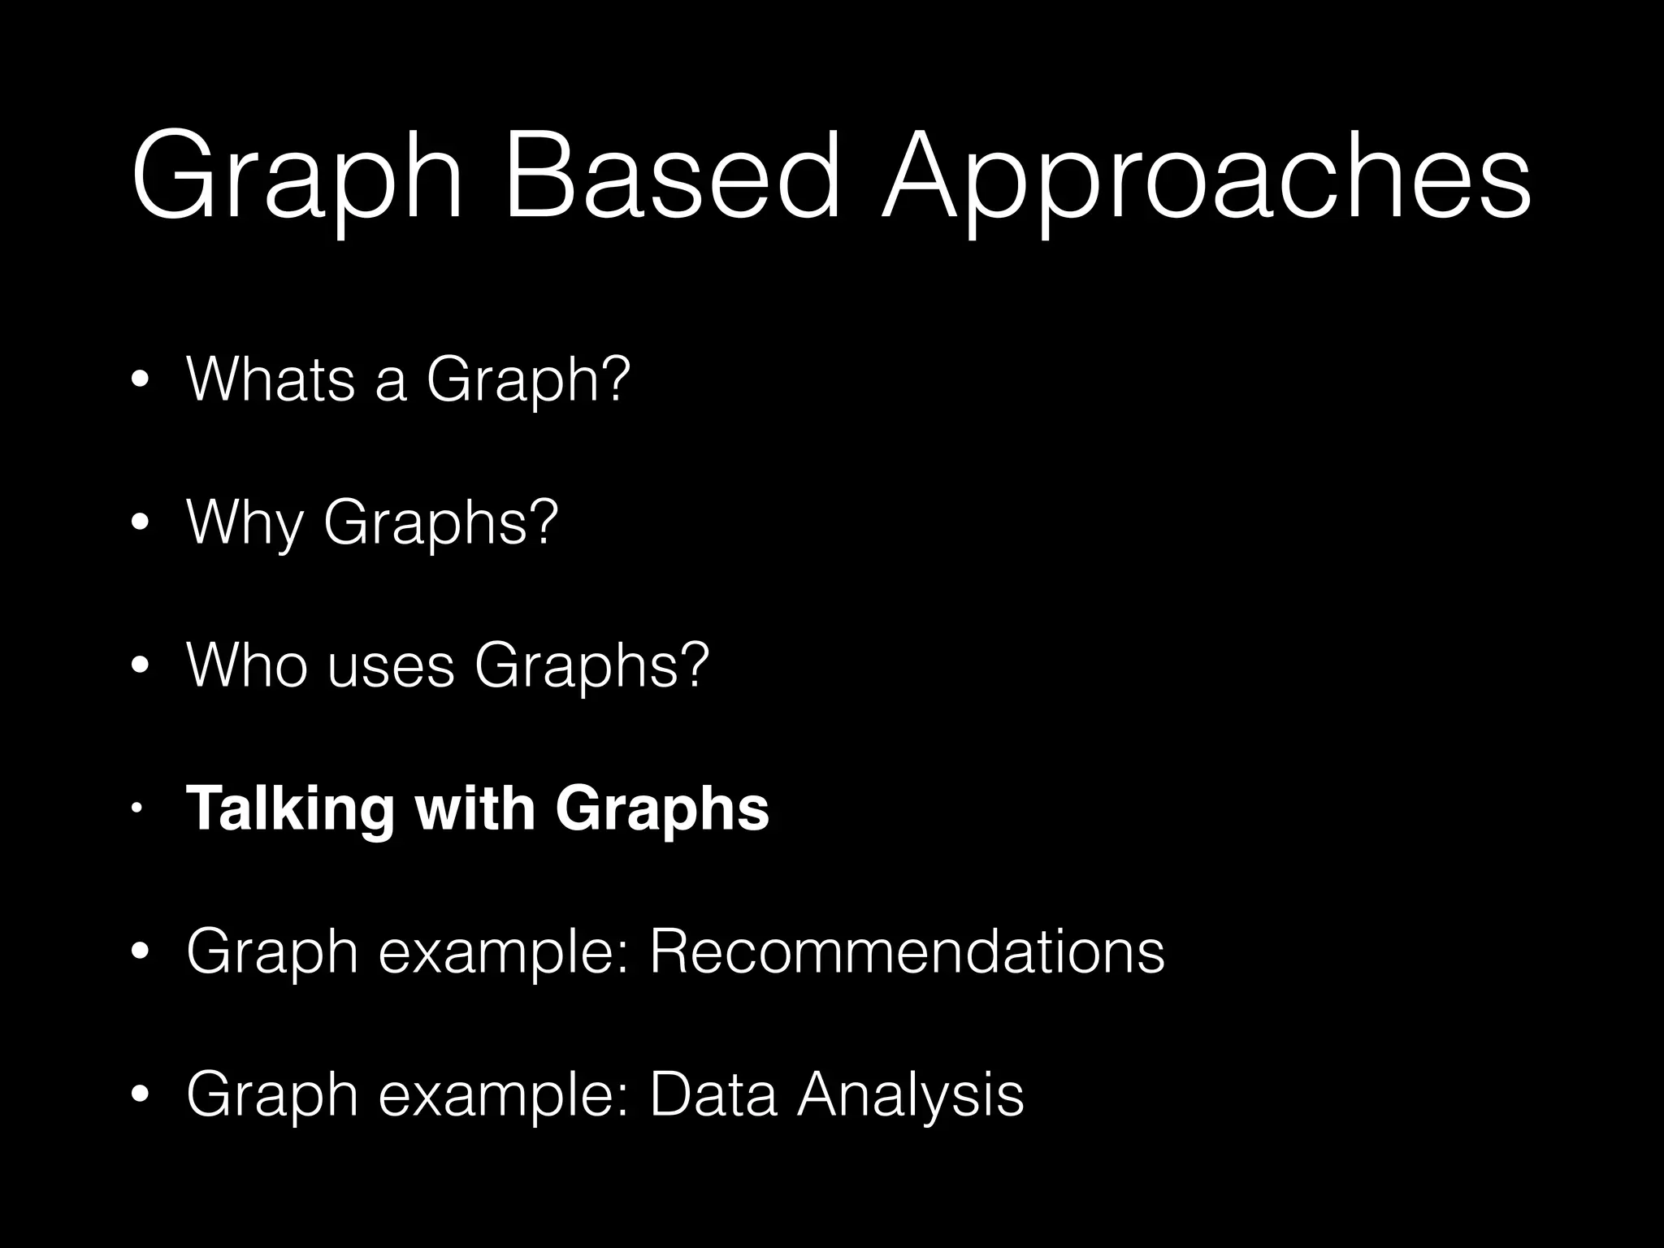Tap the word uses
point(391,666)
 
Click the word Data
point(713,1094)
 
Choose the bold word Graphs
point(662,810)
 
